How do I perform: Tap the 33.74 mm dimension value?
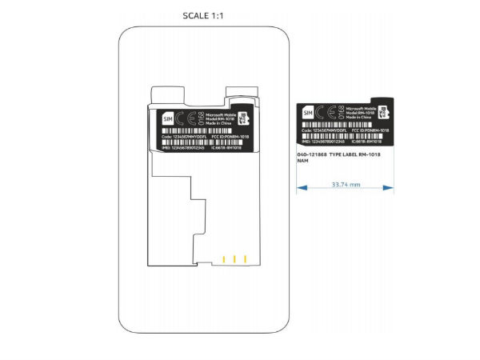click(x=345, y=182)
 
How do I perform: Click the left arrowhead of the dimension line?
click(x=300, y=189)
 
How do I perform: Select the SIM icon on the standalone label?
click(x=306, y=116)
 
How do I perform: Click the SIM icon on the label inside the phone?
click(x=167, y=118)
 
